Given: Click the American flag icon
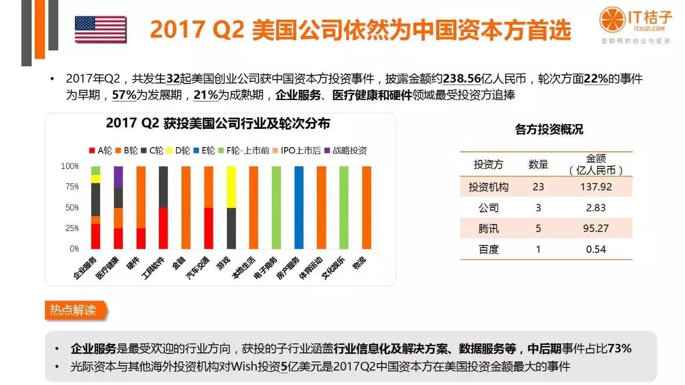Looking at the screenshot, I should (101, 29).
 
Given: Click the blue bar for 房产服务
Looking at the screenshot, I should (299, 207).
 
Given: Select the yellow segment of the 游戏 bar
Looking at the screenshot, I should (231, 187).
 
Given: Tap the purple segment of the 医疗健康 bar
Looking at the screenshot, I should (118, 176).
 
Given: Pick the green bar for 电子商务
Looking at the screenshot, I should (277, 207).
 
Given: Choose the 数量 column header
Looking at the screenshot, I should (538, 165).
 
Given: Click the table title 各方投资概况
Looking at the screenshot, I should (549, 129).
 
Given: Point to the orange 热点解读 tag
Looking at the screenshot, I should (74, 310).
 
